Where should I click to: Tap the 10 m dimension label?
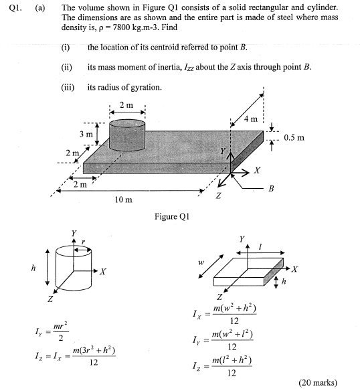pos(124,200)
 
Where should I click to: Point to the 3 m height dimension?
pos(85,134)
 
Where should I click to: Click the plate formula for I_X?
pos(221,314)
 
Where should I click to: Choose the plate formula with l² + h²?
pos(221,366)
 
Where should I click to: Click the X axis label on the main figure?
pos(256,169)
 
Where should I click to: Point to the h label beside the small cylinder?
pos(33,269)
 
